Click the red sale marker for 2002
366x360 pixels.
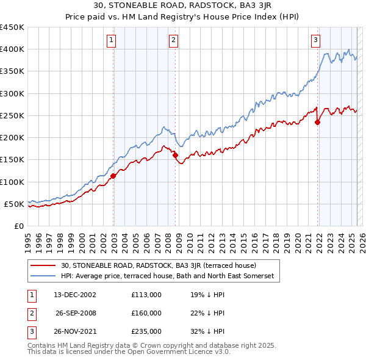pos(113,176)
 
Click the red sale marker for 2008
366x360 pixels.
pos(176,155)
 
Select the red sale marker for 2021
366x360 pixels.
pos(318,122)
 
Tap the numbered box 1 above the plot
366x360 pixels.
pos(113,41)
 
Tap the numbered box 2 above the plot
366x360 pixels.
pos(174,41)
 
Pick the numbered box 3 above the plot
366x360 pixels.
pos(316,41)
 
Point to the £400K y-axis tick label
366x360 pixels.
pos(12,49)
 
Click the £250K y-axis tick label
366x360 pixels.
pos(12,115)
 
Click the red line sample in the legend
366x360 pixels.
pos(43,265)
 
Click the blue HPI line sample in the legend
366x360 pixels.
pos(43,276)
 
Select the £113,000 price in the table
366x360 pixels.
pos(146,295)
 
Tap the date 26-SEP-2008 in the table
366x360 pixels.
pos(76,313)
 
